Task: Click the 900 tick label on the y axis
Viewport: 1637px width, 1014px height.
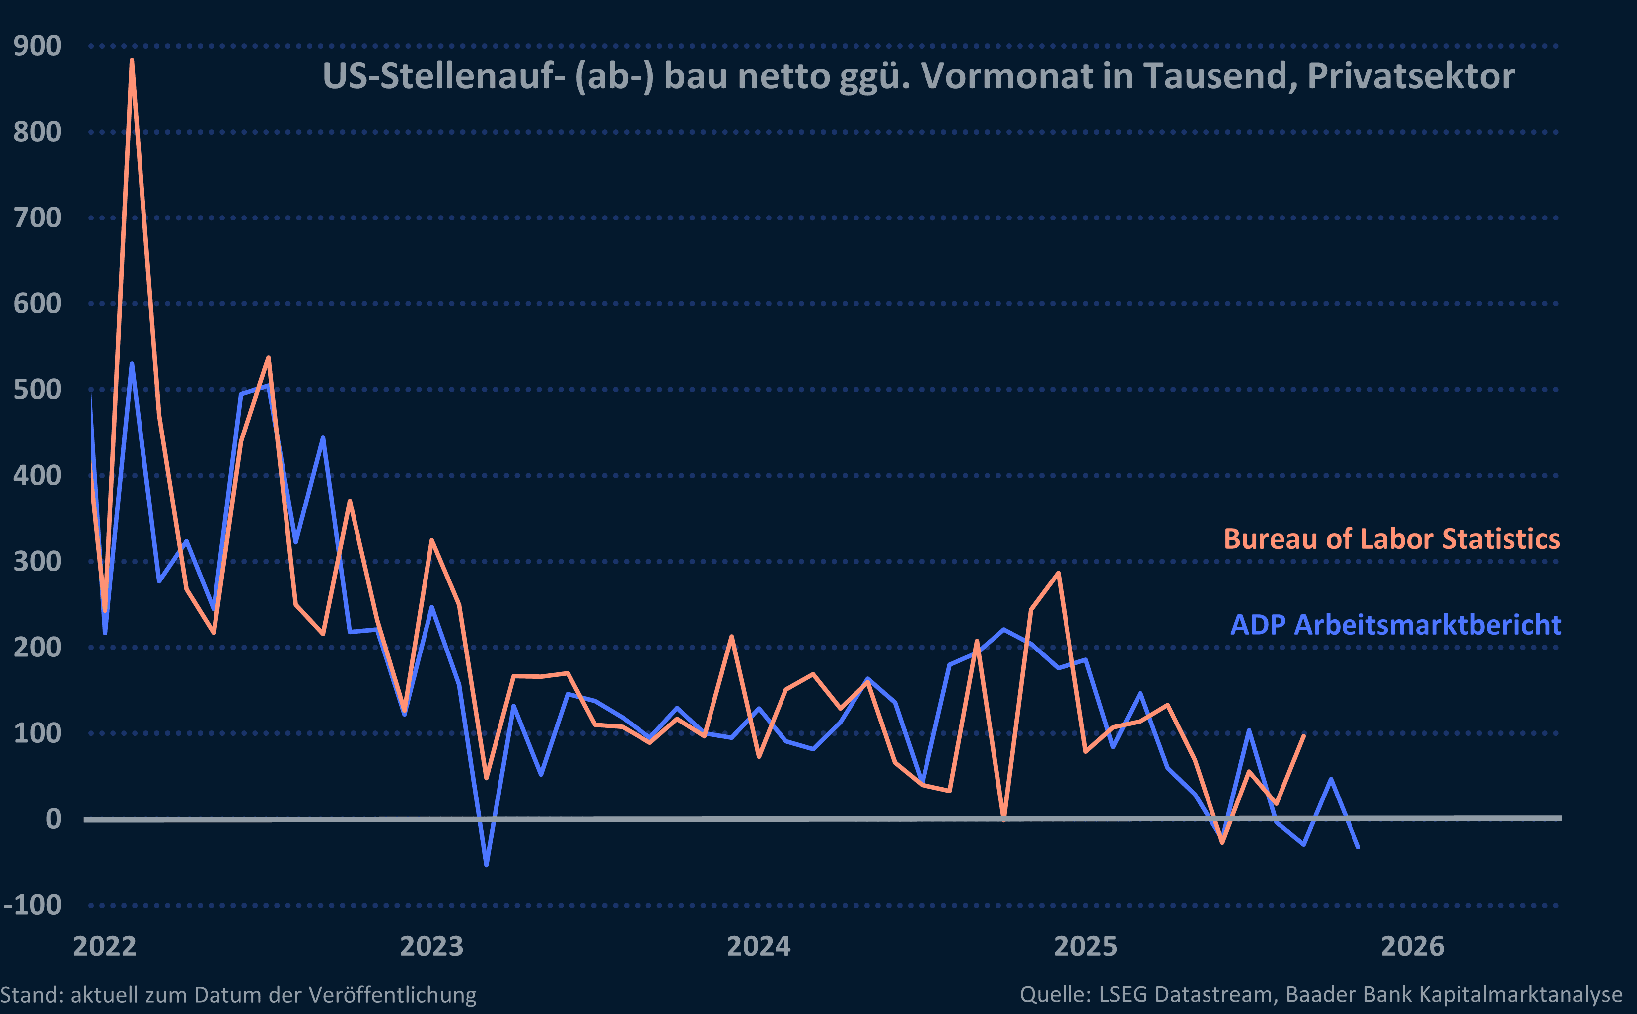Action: [38, 46]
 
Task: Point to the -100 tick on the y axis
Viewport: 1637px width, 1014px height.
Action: [33, 905]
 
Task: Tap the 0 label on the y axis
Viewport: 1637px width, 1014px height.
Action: [53, 819]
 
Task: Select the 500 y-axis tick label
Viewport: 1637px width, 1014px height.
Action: [38, 390]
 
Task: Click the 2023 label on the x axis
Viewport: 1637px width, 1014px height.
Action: [431, 946]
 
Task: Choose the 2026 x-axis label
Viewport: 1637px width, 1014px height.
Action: [1413, 946]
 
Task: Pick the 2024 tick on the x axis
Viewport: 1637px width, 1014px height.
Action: [759, 946]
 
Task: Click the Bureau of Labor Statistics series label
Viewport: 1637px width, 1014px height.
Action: [1392, 539]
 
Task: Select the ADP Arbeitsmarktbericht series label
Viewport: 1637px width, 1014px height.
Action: [1396, 625]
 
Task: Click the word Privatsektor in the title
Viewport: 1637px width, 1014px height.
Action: [1411, 76]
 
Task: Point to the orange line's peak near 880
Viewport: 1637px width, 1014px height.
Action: [132, 61]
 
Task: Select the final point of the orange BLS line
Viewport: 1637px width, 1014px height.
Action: [1303, 736]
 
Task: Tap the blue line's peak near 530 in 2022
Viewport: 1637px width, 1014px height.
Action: [132, 363]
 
